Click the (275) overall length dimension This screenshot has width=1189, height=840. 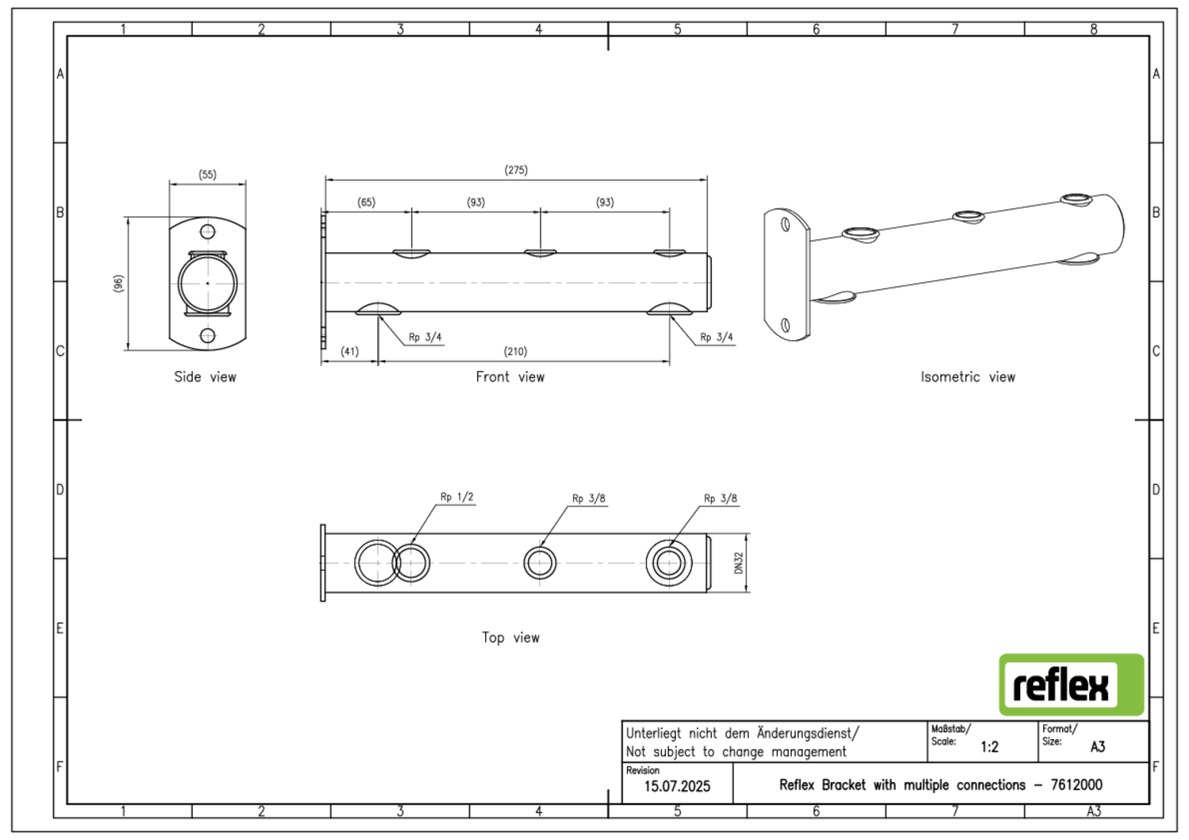[515, 170]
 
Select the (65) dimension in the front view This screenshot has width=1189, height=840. [366, 203]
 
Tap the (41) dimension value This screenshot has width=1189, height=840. [350, 352]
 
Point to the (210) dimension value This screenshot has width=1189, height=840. [515, 352]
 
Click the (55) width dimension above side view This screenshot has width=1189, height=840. [207, 175]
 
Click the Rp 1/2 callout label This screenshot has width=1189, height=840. [457, 498]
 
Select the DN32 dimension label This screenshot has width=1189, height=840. [739, 563]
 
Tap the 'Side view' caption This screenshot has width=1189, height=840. [205, 377]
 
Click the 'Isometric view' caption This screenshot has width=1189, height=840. [968, 377]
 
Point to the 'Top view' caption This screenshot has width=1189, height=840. [510, 638]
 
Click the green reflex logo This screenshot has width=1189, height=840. [1071, 685]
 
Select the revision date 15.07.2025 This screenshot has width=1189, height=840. [677, 787]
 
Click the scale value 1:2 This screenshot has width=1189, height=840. [989, 747]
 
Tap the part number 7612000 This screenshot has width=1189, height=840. [1076, 785]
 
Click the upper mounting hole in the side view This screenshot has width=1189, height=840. [208, 231]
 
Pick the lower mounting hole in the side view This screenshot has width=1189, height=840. [208, 335]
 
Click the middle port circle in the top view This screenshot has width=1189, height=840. [540, 563]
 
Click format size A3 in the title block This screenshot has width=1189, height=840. [1098, 747]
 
